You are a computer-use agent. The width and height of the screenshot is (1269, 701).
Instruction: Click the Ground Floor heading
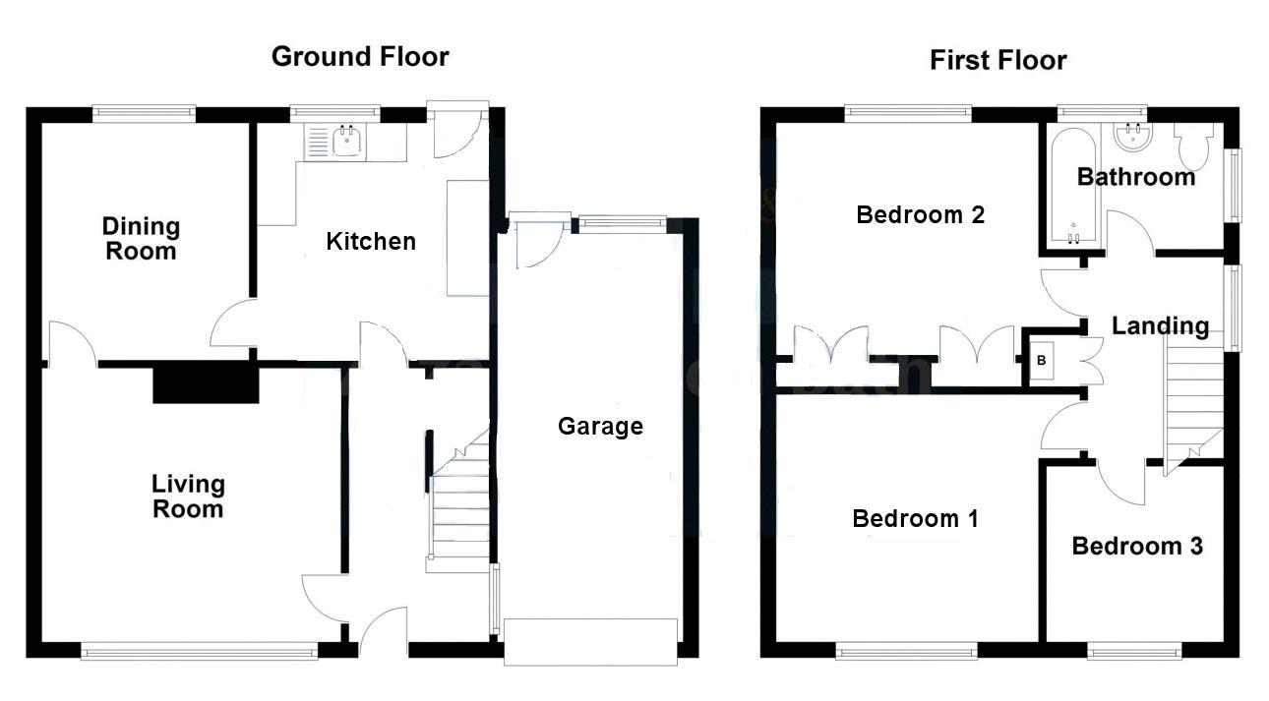click(360, 57)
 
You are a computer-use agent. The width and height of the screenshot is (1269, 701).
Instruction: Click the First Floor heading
click(998, 60)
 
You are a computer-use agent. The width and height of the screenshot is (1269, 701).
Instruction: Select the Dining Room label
click(141, 238)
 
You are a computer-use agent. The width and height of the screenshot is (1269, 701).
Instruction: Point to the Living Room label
click(188, 497)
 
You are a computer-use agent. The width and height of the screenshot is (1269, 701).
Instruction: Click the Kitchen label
click(371, 241)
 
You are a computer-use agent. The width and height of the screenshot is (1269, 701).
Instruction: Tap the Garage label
click(600, 427)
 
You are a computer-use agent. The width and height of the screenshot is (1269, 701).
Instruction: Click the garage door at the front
click(590, 642)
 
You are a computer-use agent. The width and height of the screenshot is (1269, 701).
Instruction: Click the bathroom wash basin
click(1132, 137)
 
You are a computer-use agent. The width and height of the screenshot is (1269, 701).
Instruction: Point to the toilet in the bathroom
click(1193, 146)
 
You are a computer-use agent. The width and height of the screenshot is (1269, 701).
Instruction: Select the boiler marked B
click(1041, 360)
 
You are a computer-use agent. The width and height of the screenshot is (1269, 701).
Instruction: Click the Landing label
click(1160, 326)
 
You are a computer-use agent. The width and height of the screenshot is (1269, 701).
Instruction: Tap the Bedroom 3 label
click(1137, 547)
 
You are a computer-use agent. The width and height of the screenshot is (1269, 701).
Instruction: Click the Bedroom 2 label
click(921, 215)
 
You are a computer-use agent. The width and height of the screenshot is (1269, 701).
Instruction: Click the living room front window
click(200, 651)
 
